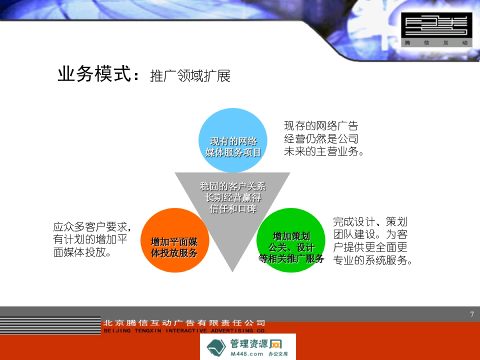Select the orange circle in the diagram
pyautogui.click(x=175, y=240)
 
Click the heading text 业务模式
pyautogui.click(x=94, y=74)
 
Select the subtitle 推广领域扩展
pyautogui.click(x=190, y=76)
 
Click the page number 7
pyautogui.click(x=472, y=314)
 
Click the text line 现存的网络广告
pyautogui.click(x=321, y=126)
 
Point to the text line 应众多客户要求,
pyautogui.click(x=92, y=227)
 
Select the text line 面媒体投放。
pyautogui.click(x=82, y=253)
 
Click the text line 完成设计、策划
pyautogui.click(x=370, y=222)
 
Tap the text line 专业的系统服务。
pyautogui.click(x=372, y=260)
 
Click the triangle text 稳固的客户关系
pyautogui.click(x=232, y=186)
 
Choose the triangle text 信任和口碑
pyautogui.click(x=232, y=208)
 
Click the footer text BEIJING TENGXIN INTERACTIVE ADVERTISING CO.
pyautogui.click(x=184, y=331)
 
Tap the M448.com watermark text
pyautogui.click(x=247, y=354)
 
